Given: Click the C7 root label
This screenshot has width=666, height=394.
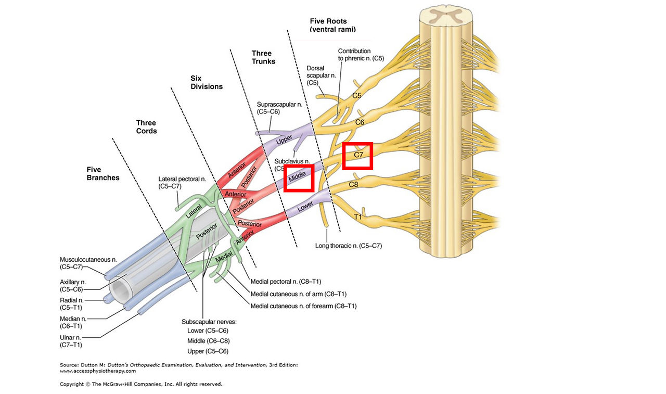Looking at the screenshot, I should [358, 155].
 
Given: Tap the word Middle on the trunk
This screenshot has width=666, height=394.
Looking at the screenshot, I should [298, 177].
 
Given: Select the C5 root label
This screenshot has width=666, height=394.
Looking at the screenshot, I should [356, 96].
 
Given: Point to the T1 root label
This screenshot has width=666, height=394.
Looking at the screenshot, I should [358, 217].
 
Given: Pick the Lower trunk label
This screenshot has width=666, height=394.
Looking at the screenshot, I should [305, 208].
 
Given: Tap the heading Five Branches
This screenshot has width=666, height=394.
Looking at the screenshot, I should [103, 173].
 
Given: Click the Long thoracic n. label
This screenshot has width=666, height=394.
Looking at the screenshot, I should [349, 246].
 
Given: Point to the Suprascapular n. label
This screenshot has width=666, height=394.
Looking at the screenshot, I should [279, 108].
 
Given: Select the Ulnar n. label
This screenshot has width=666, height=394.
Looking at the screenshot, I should [71, 340].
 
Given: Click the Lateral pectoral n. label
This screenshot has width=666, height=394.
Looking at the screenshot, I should [182, 182].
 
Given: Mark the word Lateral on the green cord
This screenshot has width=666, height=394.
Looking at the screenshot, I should [194, 210].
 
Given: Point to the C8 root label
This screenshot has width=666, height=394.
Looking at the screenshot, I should [353, 184].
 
